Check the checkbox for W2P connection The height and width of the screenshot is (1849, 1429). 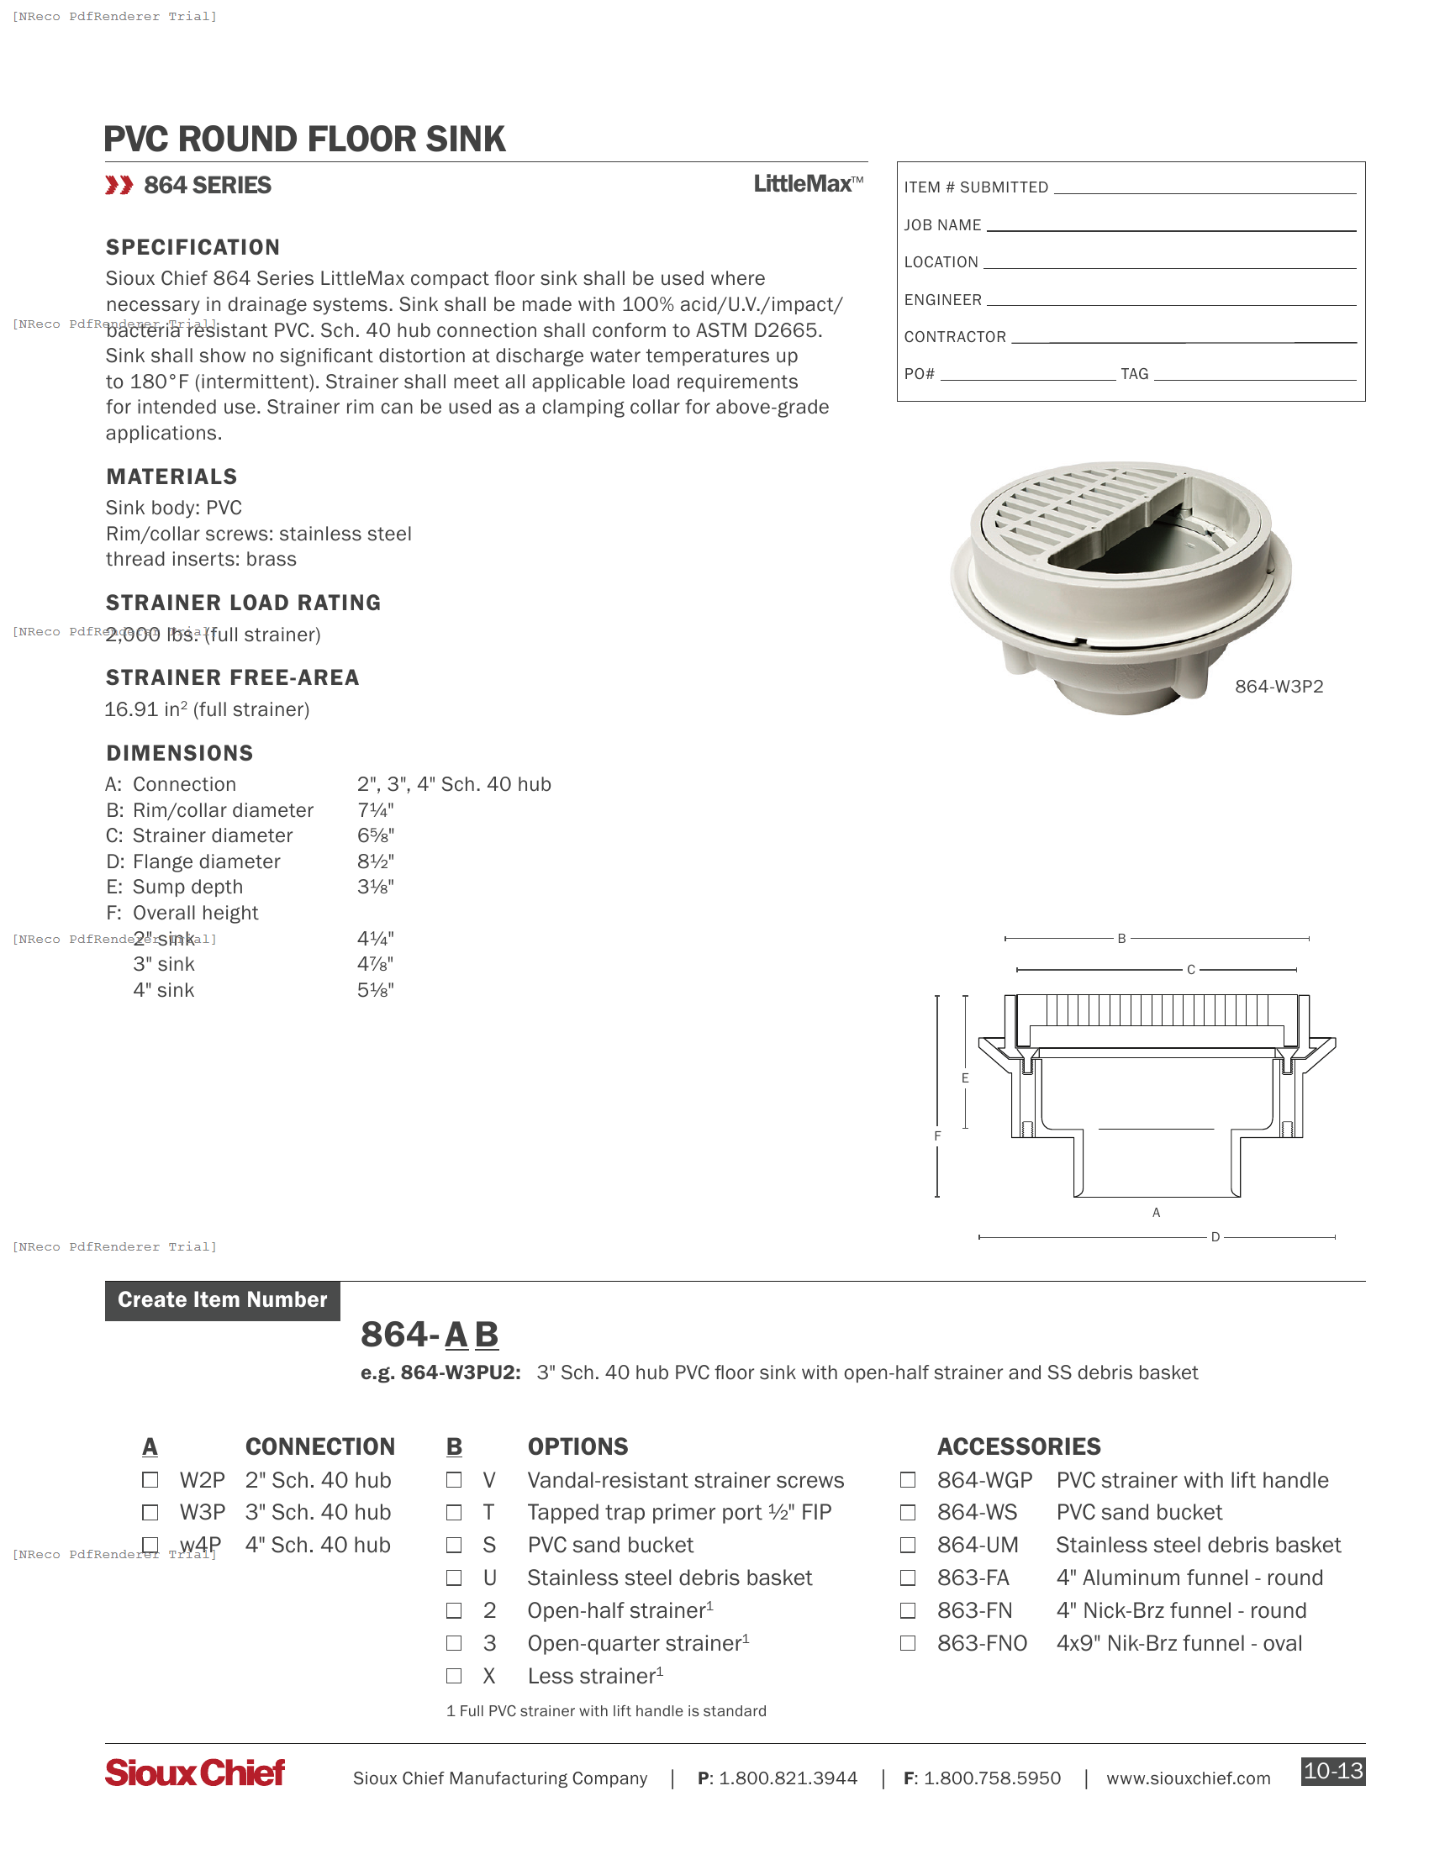point(150,1480)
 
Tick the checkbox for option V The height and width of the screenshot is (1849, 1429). point(454,1480)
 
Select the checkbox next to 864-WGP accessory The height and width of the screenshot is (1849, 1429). point(908,1480)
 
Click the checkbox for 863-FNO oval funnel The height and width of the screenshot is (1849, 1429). point(908,1643)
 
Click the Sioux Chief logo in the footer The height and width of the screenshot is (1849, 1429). point(195,1773)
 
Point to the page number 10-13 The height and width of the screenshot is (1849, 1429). point(1332,1771)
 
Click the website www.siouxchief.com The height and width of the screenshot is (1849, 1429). point(1188,1778)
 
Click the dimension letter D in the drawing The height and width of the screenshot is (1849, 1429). point(1215,1237)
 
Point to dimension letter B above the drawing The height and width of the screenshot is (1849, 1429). point(1121,939)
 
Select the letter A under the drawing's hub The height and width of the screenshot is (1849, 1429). point(1156,1212)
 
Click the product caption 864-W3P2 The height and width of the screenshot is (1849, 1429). point(1279,687)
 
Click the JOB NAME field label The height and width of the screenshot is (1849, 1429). point(942,225)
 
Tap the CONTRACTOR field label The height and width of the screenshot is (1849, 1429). point(955,337)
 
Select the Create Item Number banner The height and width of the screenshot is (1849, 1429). point(223,1300)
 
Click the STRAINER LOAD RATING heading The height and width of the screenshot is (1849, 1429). point(243,603)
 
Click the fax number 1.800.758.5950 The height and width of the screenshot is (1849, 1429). point(991,1778)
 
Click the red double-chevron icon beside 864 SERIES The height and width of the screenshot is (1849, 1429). point(119,186)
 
